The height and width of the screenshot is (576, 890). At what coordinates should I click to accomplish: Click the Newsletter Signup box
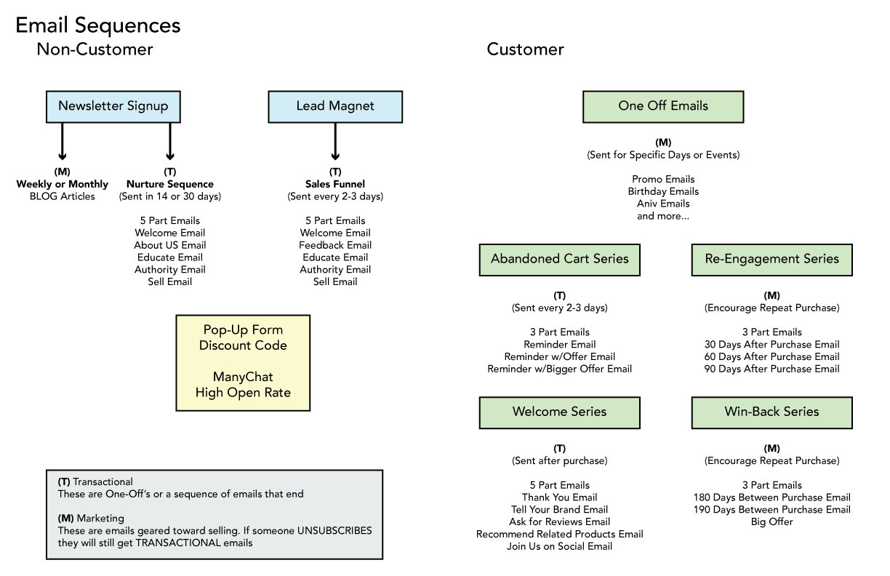coord(113,106)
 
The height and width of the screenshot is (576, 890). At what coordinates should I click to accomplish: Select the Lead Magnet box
coord(335,106)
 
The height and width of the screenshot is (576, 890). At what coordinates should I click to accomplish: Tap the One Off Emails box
coord(663,106)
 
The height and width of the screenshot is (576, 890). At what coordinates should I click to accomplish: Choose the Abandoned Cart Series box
coord(559,260)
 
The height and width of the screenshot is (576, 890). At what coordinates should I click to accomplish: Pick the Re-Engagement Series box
coord(771,260)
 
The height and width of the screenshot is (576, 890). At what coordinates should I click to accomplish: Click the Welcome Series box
coord(559,412)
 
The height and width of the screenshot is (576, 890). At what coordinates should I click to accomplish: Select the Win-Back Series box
coord(771,412)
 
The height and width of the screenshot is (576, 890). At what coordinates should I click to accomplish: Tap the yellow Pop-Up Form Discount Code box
coord(243,363)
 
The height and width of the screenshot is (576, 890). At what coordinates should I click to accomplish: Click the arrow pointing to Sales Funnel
coord(335,141)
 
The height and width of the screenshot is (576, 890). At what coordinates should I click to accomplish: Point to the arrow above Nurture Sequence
coord(170,141)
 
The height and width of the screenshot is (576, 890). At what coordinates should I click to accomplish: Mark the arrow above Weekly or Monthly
coord(62,141)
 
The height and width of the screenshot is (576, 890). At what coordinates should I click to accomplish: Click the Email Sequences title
coord(97,25)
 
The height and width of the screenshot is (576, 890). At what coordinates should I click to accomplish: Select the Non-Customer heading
coord(95,49)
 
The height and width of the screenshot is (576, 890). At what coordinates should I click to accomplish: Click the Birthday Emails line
coord(663,191)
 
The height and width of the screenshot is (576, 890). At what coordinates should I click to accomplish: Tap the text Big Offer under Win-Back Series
coord(771,521)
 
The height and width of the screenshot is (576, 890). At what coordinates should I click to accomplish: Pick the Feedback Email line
coord(335,245)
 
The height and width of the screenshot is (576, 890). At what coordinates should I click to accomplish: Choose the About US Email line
coord(170,245)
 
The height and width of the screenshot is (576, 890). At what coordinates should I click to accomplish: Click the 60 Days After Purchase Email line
coord(771,356)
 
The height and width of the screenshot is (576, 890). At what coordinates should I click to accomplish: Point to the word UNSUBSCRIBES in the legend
coord(334,531)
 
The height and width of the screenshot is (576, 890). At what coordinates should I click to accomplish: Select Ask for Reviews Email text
coord(559,521)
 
